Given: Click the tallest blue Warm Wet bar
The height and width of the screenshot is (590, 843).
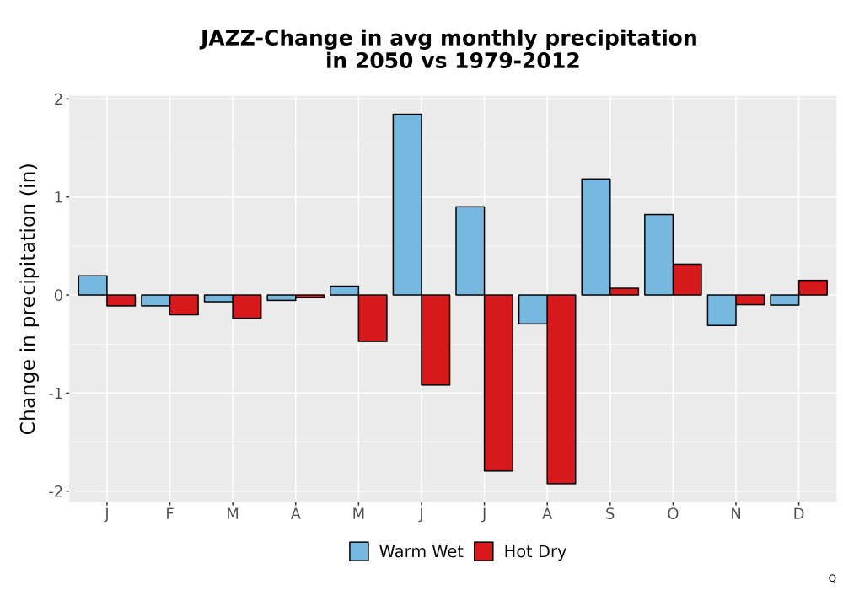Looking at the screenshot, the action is [407, 204].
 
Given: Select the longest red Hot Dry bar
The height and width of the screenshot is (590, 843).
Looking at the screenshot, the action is [561, 389].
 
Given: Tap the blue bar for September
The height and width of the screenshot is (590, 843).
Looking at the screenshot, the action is [596, 237].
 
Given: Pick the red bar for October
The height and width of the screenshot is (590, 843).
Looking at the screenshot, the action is [687, 280].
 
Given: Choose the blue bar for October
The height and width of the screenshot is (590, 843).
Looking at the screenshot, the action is [658, 255].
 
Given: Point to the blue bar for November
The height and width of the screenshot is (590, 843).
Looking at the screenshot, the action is [722, 310].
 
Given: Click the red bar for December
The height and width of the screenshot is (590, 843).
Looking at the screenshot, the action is [813, 287].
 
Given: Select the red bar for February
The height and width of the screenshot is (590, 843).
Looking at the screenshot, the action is [184, 304].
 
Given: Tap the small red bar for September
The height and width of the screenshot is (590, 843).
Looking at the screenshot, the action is [624, 292].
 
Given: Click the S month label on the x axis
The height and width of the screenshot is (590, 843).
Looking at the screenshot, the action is [609, 514].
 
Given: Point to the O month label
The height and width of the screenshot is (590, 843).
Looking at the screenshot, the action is [673, 514].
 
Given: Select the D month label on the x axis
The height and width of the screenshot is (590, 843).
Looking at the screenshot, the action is [798, 514].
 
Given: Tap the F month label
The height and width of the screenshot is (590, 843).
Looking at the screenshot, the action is [169, 514].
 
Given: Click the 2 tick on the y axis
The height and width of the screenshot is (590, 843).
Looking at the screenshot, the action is [58, 99].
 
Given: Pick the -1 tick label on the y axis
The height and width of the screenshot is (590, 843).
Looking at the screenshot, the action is [56, 394].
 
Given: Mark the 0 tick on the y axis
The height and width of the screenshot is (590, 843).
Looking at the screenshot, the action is [58, 295].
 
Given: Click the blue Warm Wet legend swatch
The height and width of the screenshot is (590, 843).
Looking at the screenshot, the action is [359, 551].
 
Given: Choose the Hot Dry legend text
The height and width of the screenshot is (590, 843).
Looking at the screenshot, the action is [535, 552].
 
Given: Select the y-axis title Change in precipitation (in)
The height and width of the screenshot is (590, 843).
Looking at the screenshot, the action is [28, 298].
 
